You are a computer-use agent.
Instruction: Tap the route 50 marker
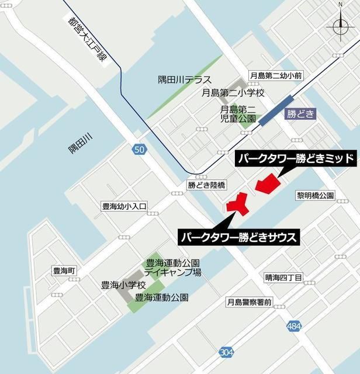pyautogui.click(x=139, y=150)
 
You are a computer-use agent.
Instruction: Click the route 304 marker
pyautogui.click(x=227, y=352)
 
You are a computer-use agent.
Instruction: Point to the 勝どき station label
pyautogui.click(x=300, y=115)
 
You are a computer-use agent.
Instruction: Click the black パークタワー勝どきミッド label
pyautogui.click(x=295, y=158)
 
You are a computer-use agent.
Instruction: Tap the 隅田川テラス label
pyautogui.click(x=185, y=79)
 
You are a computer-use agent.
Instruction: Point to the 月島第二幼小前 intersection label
pyautogui.click(x=275, y=75)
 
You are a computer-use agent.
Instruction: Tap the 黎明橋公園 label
pyautogui.click(x=314, y=195)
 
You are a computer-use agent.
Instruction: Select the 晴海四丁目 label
pyautogui.click(x=283, y=277)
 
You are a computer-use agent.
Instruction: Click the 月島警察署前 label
pyautogui.click(x=250, y=302)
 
